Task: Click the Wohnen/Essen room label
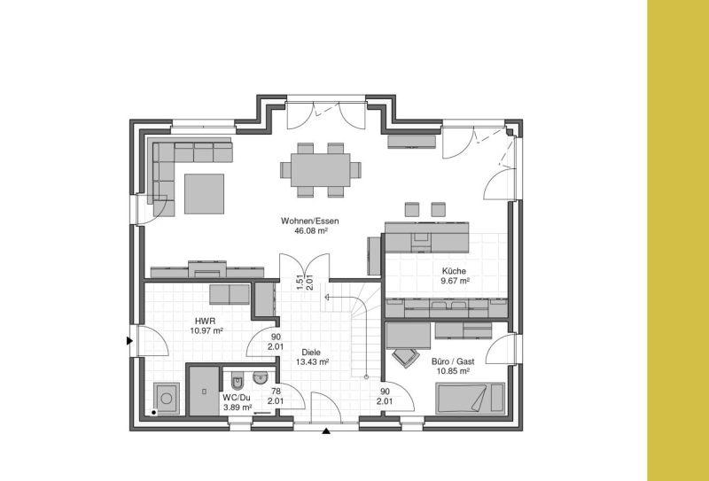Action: pyautogui.click(x=309, y=221)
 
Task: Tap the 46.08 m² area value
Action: pyautogui.click(x=310, y=230)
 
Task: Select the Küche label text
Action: pyautogui.click(x=454, y=271)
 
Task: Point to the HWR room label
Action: pyautogui.click(x=206, y=321)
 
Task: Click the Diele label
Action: pyautogui.click(x=311, y=353)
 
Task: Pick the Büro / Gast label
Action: pyautogui.click(x=453, y=361)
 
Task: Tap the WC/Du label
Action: pyautogui.click(x=237, y=398)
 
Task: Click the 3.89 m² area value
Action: pyautogui.click(x=238, y=407)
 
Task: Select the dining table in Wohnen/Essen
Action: pyautogui.click(x=321, y=170)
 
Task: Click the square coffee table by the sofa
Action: pyautogui.click(x=204, y=193)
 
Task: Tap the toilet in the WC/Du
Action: pyautogui.click(x=238, y=381)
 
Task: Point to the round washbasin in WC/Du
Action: pyautogui.click(x=260, y=378)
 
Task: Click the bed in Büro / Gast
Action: pyautogui.click(x=471, y=398)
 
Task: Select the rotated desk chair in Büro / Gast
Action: pyautogui.click(x=405, y=357)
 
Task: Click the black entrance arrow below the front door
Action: pyautogui.click(x=326, y=431)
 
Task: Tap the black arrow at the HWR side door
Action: pyautogui.click(x=129, y=340)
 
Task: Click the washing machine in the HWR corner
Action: pyautogui.click(x=167, y=399)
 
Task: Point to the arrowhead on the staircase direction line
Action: pyautogui.click(x=327, y=297)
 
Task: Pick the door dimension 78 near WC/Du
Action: pyautogui.click(x=276, y=392)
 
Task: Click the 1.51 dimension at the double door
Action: pyautogui.click(x=300, y=282)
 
